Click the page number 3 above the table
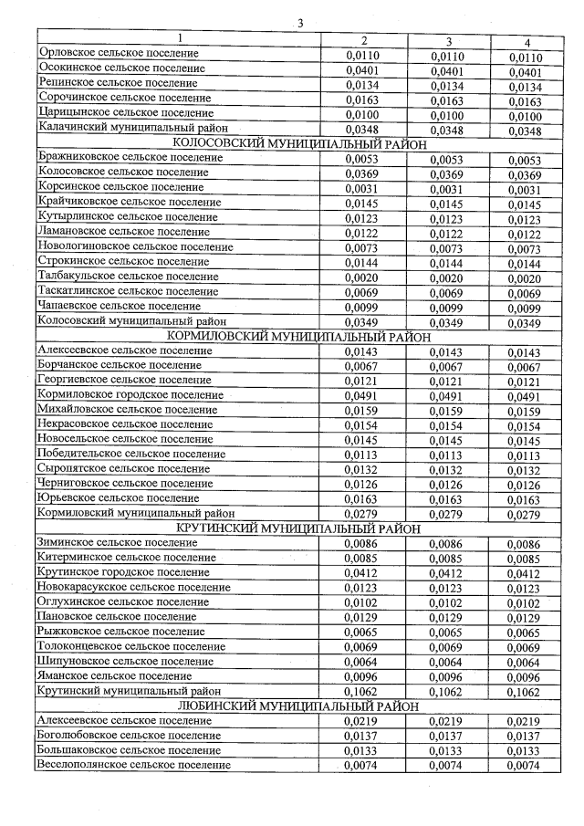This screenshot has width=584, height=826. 299,23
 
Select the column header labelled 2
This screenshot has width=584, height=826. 364,41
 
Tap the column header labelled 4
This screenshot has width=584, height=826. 527,42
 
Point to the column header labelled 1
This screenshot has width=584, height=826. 180,38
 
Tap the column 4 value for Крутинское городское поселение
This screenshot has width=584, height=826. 525,573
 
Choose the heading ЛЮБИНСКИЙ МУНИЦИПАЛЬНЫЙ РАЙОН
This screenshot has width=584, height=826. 294,706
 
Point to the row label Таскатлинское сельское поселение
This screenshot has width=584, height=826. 128,290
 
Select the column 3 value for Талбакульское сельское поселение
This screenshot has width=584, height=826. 448,277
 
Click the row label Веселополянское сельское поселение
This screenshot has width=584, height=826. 133,765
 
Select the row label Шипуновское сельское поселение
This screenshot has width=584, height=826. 126,661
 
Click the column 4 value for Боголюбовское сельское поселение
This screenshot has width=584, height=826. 525,736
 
